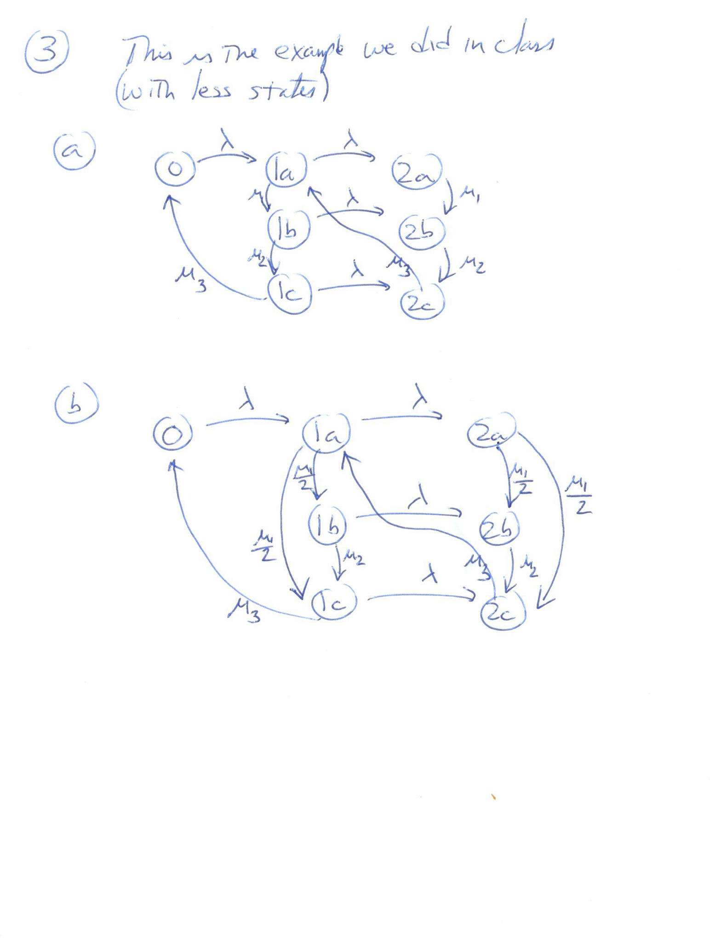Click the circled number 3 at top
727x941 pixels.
pos(47,52)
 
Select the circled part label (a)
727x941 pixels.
pos(74,150)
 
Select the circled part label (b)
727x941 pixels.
pos(76,404)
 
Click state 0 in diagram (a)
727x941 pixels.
pos(175,169)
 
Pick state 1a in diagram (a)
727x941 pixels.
pos(286,170)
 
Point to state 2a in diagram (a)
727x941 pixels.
pos(417,172)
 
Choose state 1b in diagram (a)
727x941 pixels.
pos(289,229)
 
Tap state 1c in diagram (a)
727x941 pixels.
pos(290,293)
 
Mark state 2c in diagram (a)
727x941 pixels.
pos(422,302)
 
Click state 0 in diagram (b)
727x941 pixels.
pos(172,434)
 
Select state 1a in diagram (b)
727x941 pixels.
pos(326,433)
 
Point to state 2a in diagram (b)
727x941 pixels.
pos(491,431)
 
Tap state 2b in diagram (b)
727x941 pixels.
pos(499,528)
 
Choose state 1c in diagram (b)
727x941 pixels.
pos(334,602)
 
